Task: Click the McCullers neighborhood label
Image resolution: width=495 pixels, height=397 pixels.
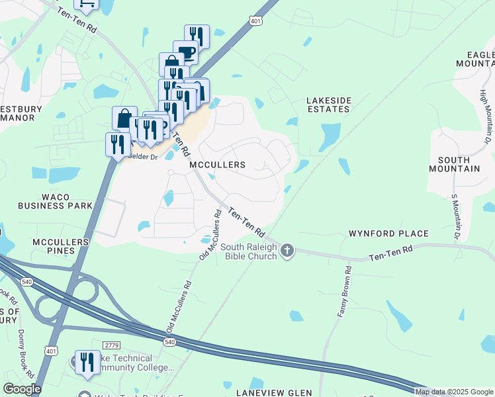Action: [217, 164]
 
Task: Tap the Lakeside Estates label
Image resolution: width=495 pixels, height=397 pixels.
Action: [329, 105]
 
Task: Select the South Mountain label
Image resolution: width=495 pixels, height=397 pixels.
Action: [459, 164]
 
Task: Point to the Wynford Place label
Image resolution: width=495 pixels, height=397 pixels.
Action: [389, 234]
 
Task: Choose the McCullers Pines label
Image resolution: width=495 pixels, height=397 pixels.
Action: [60, 247]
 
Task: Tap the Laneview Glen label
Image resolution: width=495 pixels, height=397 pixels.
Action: [272, 392]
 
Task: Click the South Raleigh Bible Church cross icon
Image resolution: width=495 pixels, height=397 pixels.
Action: [287, 250]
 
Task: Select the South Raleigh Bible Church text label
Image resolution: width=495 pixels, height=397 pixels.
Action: [247, 251]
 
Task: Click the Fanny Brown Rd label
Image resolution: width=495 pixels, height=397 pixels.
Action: [343, 292]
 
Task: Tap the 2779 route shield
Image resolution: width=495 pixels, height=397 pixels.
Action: [111, 345]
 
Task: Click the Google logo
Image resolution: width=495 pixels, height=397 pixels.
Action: [22, 389]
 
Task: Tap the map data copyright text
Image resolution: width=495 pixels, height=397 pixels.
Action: [453, 392]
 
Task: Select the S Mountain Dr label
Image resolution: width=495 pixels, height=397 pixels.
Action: [455, 216]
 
